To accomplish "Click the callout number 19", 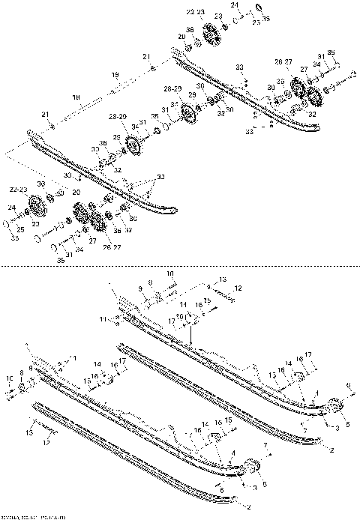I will pyautogui.click(x=115, y=74).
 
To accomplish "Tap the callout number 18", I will pyautogui.click(x=76, y=97).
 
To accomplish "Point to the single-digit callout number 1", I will pyautogui.click(x=74, y=358).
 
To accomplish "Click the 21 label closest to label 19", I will pyautogui.click(x=146, y=56).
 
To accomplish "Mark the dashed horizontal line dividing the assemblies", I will pyautogui.click(x=180, y=264).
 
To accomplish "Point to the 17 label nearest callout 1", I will pyautogui.click(x=121, y=360).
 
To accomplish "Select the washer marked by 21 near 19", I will pyautogui.click(x=153, y=68).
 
